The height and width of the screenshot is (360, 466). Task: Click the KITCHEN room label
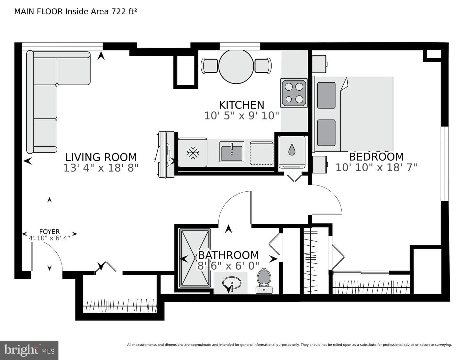click(241, 105)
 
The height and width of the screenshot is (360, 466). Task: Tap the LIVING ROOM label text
click(101, 157)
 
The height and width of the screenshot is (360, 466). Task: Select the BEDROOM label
click(376, 157)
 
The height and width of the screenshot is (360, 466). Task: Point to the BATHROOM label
click(228, 255)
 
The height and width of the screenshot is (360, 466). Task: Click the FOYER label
click(49, 232)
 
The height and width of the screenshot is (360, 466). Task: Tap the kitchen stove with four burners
click(294, 93)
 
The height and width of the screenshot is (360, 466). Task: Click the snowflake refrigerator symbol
click(193, 153)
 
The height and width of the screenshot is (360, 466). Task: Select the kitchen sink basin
click(232, 152)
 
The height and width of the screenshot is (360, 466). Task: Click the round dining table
click(236, 67)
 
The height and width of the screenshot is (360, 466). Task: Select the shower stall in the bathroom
click(195, 258)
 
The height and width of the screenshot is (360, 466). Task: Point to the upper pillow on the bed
click(326, 95)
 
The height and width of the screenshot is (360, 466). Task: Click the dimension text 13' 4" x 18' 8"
click(101, 168)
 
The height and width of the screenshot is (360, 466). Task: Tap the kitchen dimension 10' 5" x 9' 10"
click(241, 116)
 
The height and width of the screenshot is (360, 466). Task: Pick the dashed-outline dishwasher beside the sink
click(261, 153)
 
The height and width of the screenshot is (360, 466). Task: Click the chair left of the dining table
click(209, 66)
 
